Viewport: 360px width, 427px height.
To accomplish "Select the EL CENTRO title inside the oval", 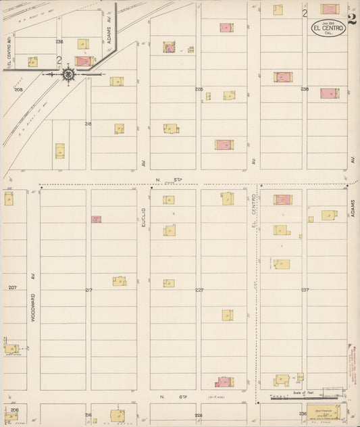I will [328, 28].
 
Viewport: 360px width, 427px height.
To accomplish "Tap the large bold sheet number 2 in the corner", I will [352, 18].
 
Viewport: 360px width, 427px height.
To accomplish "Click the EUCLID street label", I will [143, 220].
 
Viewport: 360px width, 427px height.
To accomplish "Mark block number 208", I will [18, 89].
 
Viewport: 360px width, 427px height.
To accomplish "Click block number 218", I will [88, 124].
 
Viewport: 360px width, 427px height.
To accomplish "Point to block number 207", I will [12, 288].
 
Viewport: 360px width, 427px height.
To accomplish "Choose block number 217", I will [88, 290].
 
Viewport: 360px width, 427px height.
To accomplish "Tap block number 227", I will [199, 290].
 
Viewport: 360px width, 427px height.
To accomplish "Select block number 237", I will [305, 290].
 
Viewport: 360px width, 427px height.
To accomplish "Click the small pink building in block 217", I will [96, 219].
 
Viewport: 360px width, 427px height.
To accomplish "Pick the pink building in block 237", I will [283, 199].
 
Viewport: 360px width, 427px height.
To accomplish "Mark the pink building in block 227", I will [223, 382].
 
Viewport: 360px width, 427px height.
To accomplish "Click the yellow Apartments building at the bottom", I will [324, 412].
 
